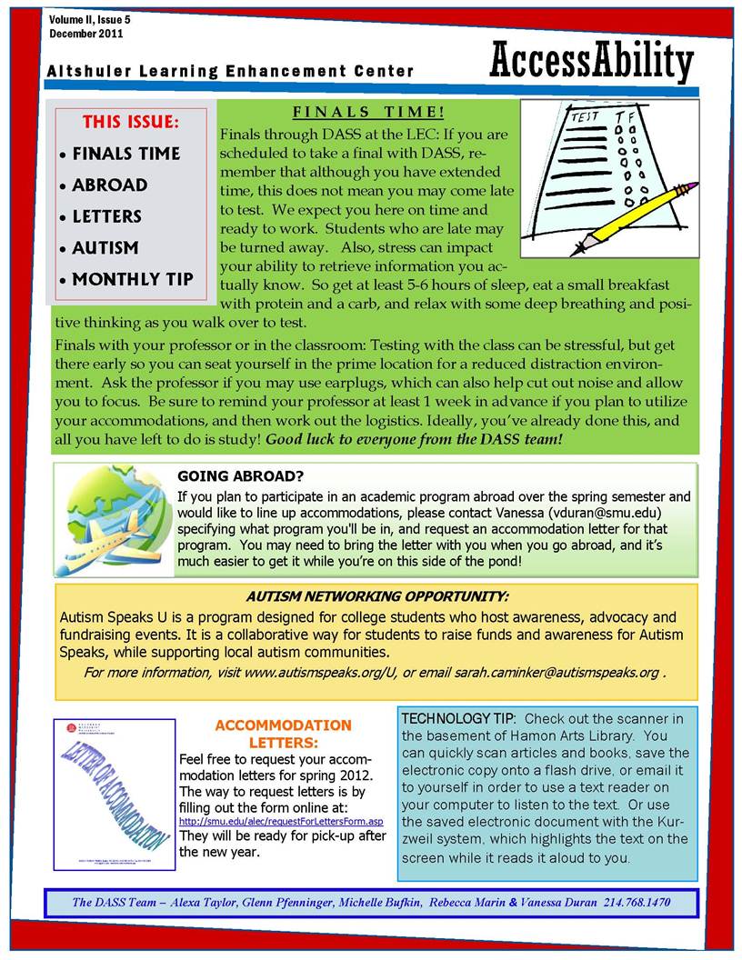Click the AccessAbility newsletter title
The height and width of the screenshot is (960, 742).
(591, 63)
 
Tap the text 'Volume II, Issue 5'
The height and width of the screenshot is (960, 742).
(90, 19)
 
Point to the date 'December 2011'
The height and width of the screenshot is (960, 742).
(86, 34)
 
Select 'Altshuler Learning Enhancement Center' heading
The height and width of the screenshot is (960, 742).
(231, 71)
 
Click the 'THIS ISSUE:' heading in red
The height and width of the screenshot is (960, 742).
(130, 122)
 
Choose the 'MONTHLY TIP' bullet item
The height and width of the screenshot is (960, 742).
(132, 279)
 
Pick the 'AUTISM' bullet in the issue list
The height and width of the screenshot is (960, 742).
(105, 247)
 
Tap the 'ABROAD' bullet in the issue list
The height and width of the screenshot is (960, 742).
(109, 185)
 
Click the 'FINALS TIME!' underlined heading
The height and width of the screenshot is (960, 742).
(368, 113)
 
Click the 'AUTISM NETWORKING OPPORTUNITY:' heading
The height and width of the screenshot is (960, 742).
(377, 596)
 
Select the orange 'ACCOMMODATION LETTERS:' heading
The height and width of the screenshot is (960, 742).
(283, 734)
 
